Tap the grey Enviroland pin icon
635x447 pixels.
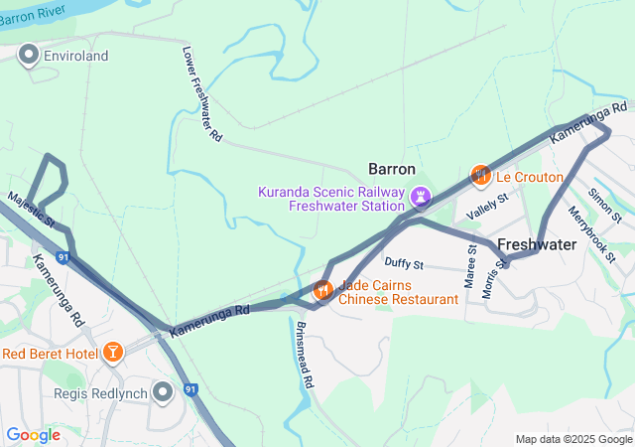click(29, 56)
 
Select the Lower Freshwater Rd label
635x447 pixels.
click(201, 94)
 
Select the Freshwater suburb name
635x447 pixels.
click(537, 243)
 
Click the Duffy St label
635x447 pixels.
click(404, 264)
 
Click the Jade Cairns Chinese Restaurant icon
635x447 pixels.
click(322, 291)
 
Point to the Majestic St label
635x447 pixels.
click(30, 208)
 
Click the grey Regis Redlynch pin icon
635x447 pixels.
click(164, 393)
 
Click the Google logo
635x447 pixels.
click(33, 434)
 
